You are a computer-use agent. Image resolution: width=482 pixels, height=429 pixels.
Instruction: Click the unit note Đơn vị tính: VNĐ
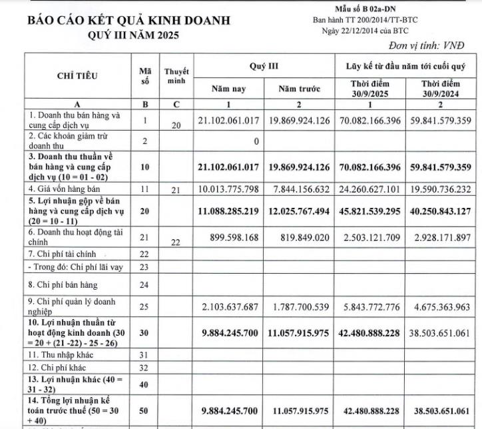[427, 45]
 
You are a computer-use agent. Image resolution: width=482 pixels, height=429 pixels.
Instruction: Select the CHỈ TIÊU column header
[77, 75]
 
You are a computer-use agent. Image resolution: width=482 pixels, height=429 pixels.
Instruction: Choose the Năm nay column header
[229, 88]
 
